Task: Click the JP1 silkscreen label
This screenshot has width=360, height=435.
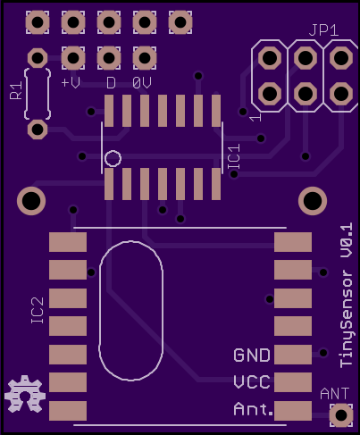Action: [x=323, y=30]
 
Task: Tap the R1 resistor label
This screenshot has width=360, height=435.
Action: [x=16, y=90]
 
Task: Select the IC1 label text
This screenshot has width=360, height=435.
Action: [x=234, y=157]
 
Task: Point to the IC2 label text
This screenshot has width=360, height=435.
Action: [x=38, y=311]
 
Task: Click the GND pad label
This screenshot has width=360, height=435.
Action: [x=252, y=356]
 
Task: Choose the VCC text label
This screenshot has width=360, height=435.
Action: [x=252, y=382]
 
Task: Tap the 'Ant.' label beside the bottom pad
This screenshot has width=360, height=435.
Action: [x=253, y=409]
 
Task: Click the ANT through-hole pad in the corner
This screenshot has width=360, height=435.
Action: [x=341, y=415]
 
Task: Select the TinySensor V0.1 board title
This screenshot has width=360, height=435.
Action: [x=347, y=296]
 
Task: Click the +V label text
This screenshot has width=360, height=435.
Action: [x=71, y=83]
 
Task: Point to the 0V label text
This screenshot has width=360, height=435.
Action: [x=142, y=83]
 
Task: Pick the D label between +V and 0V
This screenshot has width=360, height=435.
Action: [x=111, y=83]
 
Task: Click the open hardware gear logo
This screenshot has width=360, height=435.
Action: [x=25, y=394]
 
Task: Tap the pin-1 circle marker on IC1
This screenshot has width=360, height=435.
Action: [x=113, y=158]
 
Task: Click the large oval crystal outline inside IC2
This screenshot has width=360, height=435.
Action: [x=99, y=311]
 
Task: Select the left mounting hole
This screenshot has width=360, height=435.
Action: [x=31, y=201]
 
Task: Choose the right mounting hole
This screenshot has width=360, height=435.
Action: [x=313, y=201]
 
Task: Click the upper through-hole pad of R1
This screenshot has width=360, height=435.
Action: [x=38, y=58]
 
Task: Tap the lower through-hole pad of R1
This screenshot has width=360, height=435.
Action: [x=38, y=130]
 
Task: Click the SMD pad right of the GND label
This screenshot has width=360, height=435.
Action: [x=293, y=355]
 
